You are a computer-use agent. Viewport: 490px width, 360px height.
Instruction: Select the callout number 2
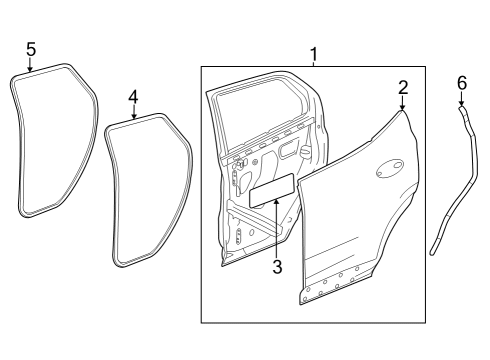403,87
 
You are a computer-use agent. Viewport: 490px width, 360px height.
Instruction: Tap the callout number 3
278,267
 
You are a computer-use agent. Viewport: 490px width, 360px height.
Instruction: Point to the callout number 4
133,96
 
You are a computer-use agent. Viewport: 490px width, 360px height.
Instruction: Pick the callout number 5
30,48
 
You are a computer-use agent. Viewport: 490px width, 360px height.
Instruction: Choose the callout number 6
461,82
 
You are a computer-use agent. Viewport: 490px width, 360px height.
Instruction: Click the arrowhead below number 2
403,108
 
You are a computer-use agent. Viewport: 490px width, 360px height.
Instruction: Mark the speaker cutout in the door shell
241,238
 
